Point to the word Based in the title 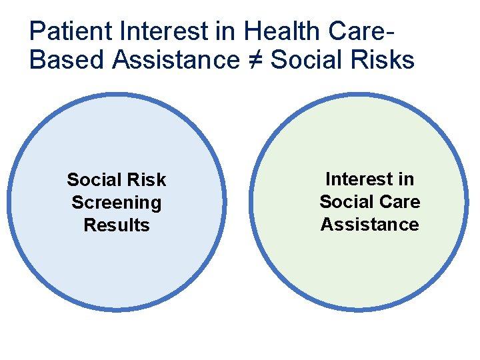(67, 60)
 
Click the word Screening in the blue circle (117, 203)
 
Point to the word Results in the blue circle (117, 225)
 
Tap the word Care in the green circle (397, 201)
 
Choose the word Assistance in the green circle (370, 225)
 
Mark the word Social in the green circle (345, 201)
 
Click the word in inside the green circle (405, 179)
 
